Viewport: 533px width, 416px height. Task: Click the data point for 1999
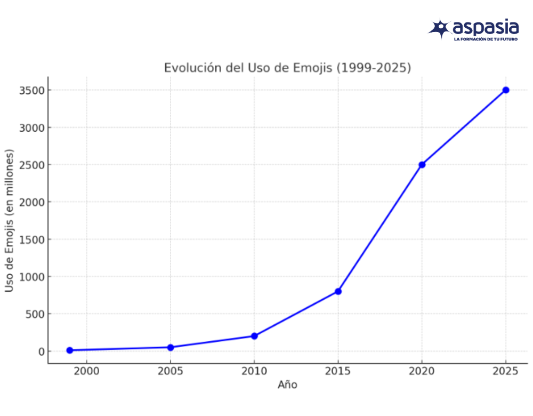pos(70,350)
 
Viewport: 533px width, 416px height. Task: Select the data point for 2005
pos(171,347)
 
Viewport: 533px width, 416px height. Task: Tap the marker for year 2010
pos(254,336)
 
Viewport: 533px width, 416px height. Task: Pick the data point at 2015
pos(338,291)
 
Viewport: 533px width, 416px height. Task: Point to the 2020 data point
pos(422,164)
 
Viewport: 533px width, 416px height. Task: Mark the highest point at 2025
pos(506,90)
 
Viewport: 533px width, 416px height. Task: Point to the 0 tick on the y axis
pos(41,351)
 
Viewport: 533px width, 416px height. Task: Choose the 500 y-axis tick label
pos(35,314)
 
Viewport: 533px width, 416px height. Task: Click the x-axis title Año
pos(287,385)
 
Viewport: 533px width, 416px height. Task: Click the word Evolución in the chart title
pos(190,68)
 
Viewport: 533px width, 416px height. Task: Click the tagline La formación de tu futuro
pos(486,39)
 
